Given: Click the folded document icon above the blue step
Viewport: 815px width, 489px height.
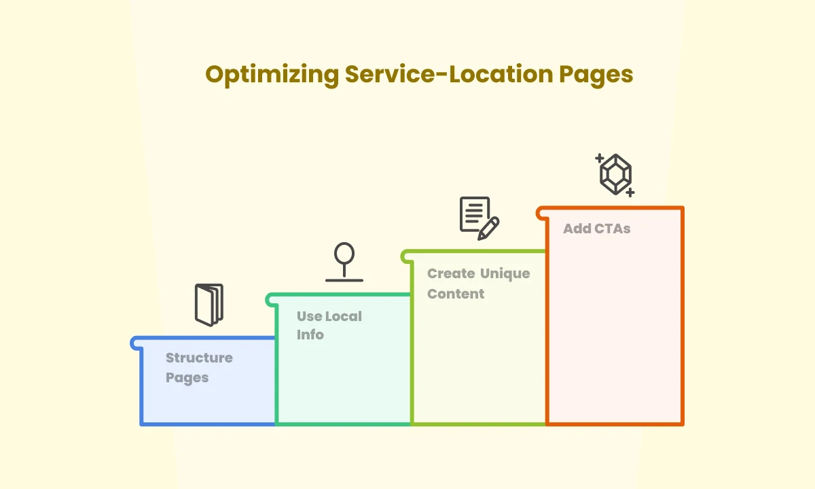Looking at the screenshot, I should [209, 304].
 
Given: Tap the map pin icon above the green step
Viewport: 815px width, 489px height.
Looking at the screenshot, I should [344, 262].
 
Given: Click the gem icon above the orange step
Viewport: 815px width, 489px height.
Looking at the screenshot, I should [615, 174].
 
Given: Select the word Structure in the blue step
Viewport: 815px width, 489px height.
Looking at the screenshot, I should [199, 358].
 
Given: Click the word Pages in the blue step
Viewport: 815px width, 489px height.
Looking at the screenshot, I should [187, 377].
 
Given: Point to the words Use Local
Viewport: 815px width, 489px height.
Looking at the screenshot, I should [329, 316].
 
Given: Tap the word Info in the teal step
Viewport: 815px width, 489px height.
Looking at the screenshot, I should [310, 335].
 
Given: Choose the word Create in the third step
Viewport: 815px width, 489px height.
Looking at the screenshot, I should [451, 273].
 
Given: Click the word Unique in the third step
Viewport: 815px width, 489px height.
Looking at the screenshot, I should [505, 273].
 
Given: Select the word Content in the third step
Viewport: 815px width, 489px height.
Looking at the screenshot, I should [456, 294].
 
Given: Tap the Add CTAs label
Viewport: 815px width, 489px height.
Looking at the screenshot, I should [596, 229].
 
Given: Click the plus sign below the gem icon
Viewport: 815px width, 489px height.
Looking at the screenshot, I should [630, 192].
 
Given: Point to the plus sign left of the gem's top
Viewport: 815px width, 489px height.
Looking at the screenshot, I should [600, 158].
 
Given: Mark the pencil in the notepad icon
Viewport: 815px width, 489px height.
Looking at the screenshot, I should [488, 228].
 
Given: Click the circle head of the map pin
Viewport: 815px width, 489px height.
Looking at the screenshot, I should [344, 253].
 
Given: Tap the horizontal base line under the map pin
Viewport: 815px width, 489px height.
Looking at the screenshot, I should [344, 280].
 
